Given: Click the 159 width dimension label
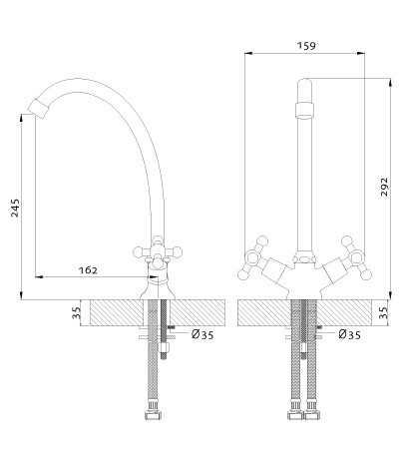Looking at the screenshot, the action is [x=306, y=46].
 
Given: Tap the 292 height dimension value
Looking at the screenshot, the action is [x=384, y=187].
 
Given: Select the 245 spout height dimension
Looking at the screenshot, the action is [x=15, y=208].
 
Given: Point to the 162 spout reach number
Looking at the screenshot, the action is [x=88, y=270].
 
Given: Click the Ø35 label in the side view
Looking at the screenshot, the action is [x=202, y=334].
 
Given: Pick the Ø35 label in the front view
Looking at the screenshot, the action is [x=349, y=334].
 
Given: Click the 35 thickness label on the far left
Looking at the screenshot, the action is [x=77, y=312].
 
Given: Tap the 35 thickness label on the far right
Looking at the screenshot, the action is [x=384, y=312].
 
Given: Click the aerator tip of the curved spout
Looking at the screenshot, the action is [x=39, y=109].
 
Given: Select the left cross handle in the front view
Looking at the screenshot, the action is [x=253, y=258].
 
